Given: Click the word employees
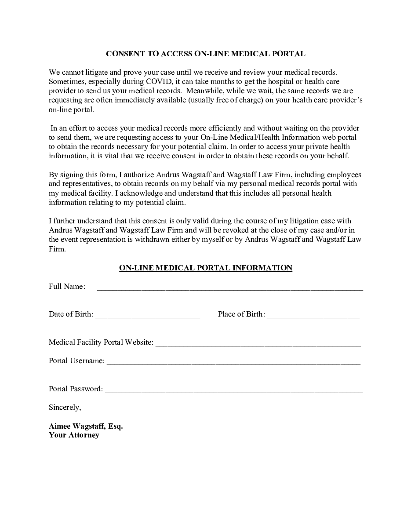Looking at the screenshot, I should click(x=346, y=175).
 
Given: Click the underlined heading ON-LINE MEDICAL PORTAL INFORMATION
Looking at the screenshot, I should click(x=206, y=268).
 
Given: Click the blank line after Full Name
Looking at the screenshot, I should click(x=230, y=289).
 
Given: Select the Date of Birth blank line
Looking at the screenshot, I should click(x=148, y=317).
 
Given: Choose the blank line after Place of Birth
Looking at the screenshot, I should click(x=313, y=317).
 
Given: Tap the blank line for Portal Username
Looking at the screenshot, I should click(x=233, y=364).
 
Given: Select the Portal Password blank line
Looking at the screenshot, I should click(x=234, y=391).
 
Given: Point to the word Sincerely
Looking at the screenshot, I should click(x=65, y=408).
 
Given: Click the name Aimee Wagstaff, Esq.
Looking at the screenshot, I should click(x=86, y=426).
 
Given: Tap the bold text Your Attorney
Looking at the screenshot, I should click(x=74, y=435).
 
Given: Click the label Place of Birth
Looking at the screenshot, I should click(x=241, y=314).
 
